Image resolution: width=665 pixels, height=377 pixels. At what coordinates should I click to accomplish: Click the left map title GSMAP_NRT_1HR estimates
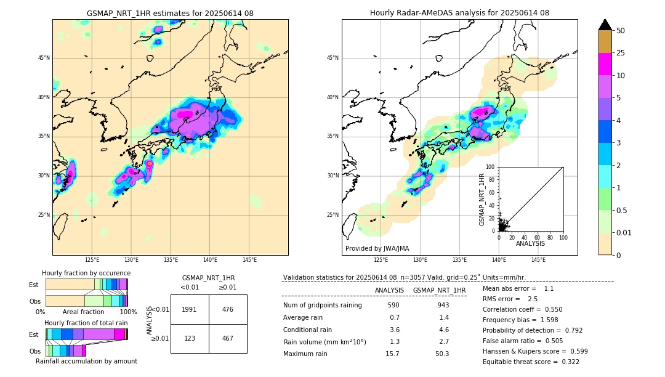click(170, 13)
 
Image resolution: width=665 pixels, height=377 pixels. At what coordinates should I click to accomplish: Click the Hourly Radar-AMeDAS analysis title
click(459, 13)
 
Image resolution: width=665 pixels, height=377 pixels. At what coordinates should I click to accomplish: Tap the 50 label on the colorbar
click(621, 31)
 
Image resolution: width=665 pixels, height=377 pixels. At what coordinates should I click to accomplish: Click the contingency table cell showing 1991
click(190, 309)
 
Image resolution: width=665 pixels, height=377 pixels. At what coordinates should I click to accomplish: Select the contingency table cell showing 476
click(228, 309)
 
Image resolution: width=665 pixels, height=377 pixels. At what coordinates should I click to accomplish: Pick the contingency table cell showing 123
click(190, 338)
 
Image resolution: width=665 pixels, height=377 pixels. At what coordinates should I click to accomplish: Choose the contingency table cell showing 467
click(228, 338)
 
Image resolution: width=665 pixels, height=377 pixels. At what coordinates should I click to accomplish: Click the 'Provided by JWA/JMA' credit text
click(377, 248)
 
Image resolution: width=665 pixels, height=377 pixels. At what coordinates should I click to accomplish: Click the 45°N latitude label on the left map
click(44, 58)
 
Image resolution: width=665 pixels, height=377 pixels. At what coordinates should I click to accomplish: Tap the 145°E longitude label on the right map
click(538, 260)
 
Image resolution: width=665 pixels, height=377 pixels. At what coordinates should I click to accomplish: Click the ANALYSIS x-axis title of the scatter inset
click(530, 243)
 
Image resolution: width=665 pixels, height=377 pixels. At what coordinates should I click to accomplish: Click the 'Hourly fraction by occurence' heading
click(86, 273)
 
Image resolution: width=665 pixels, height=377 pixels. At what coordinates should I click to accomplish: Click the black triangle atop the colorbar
click(605, 25)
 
